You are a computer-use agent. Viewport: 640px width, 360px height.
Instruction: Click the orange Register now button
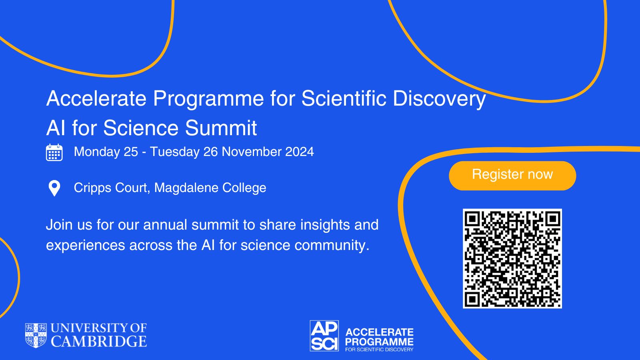512,176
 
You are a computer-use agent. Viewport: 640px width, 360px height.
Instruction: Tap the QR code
512,258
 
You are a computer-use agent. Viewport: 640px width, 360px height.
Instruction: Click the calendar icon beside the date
54,152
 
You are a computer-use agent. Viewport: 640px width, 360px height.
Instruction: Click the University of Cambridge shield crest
36,336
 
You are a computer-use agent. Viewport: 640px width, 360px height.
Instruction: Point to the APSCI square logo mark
324,336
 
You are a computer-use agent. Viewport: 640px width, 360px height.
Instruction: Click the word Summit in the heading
221,128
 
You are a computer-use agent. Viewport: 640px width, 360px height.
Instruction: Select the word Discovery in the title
439,99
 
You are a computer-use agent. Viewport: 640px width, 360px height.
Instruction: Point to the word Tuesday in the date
174,152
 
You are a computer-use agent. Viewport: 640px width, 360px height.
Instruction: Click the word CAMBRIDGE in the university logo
99,341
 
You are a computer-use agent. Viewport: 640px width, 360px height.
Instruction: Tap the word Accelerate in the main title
96,98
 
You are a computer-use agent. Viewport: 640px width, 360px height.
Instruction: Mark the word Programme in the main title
208,99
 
